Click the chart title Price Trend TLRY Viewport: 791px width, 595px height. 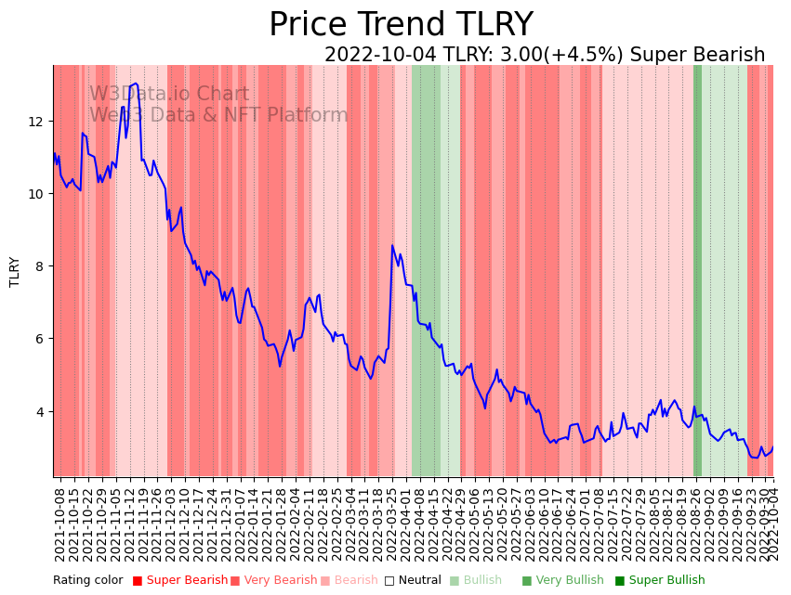[401, 25]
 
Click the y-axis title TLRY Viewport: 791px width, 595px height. [15, 271]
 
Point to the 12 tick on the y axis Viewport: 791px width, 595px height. [37, 122]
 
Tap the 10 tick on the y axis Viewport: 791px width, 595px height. [37, 194]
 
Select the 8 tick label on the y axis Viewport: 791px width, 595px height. [41, 266]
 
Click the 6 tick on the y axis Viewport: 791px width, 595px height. [41, 339]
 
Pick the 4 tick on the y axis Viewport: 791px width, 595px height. [41, 411]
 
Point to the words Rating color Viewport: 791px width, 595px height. [87, 580]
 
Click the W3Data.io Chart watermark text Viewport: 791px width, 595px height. [169, 95]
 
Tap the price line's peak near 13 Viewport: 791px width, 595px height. [137, 84]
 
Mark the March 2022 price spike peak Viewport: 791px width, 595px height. [392, 246]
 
